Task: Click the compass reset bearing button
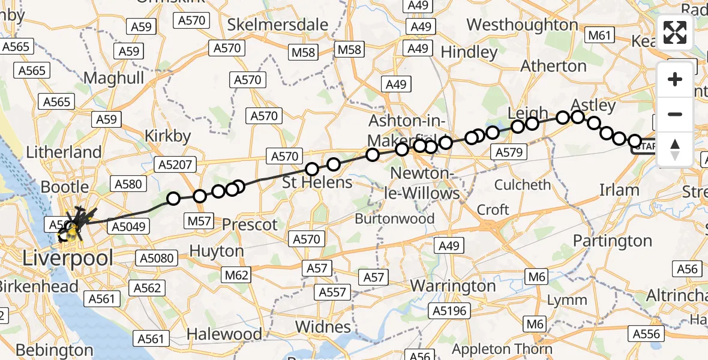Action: (x=675, y=149)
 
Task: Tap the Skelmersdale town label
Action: (x=278, y=25)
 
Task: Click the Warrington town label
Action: (x=453, y=286)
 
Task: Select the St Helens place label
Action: (x=317, y=182)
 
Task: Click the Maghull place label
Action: (x=114, y=77)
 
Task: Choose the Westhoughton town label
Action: (x=522, y=25)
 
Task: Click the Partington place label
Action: (x=612, y=241)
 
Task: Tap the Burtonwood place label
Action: (x=395, y=218)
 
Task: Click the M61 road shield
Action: (x=599, y=35)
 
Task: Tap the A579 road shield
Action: (x=509, y=152)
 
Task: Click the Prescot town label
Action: (x=250, y=225)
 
